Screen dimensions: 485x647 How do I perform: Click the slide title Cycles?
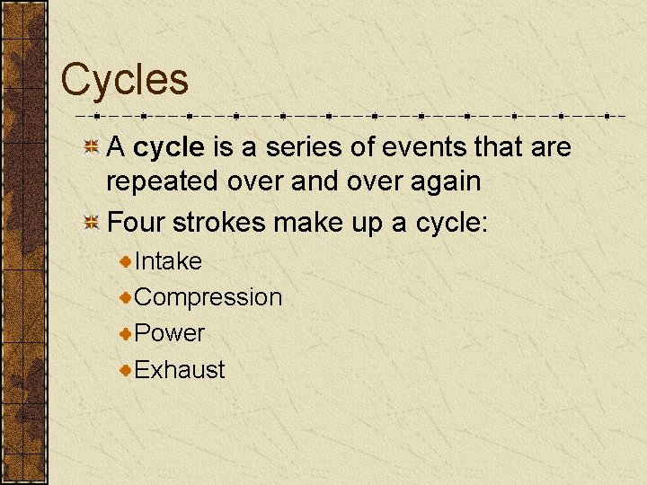coord(124,79)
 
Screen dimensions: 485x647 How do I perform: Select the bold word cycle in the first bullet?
coord(169,147)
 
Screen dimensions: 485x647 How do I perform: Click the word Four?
coord(133,221)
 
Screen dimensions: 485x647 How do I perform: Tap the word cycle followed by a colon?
coord(447,222)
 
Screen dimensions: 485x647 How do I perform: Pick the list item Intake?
coord(168,261)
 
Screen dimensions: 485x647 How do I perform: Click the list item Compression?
coord(208,298)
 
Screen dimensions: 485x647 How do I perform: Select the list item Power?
coord(170,333)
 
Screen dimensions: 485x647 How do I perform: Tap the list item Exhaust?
coord(180,369)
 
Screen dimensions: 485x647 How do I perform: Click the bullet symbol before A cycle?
coord(92,148)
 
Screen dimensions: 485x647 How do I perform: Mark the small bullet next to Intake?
coord(126,261)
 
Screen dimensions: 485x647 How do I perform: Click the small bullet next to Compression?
coord(126,297)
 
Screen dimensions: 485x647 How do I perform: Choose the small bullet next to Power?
coord(126,333)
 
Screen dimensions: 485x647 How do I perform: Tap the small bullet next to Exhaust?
coord(126,369)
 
